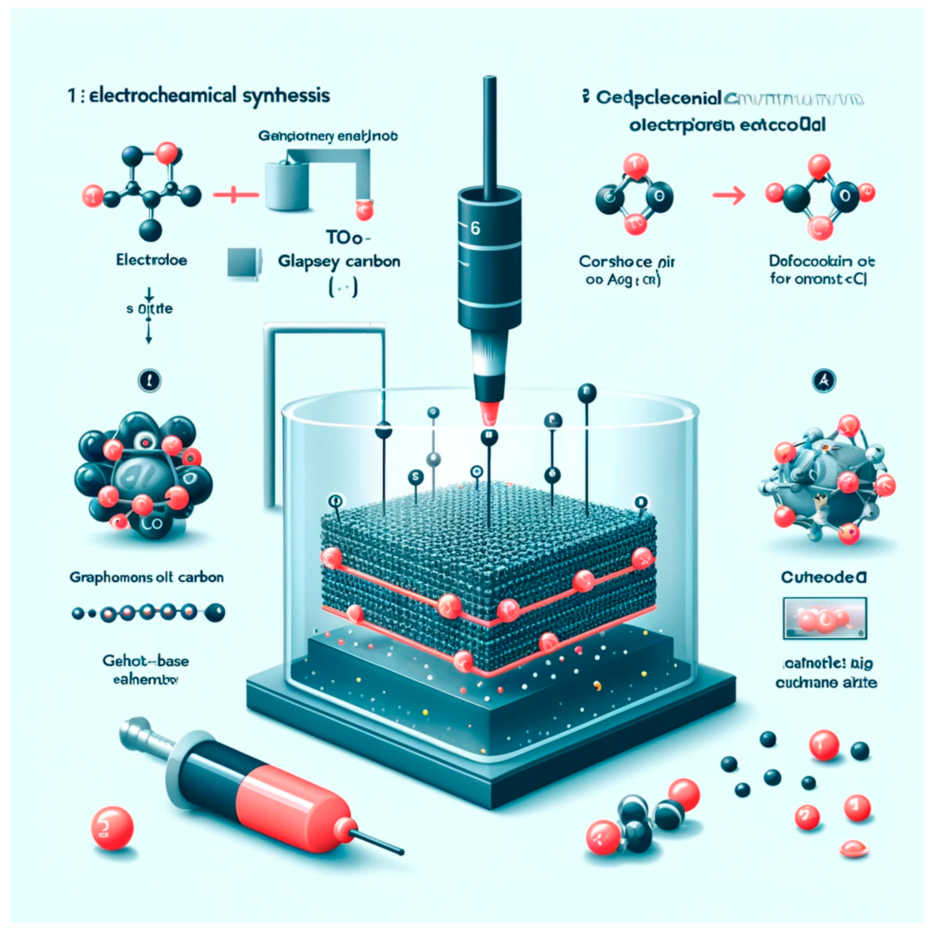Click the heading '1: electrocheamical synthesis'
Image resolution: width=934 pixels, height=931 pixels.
[199, 95]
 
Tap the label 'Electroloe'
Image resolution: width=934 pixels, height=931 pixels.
[151, 261]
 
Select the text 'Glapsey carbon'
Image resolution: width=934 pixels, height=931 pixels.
[339, 262]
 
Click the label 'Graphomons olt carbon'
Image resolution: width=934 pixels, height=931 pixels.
[146, 577]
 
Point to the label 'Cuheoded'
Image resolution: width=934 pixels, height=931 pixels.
[824, 577]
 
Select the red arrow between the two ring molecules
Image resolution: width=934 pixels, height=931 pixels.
[729, 195]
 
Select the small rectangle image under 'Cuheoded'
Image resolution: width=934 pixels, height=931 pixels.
[824, 618]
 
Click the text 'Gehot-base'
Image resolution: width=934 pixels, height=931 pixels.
[146, 661]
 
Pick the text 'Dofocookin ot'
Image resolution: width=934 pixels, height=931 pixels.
[821, 261]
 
